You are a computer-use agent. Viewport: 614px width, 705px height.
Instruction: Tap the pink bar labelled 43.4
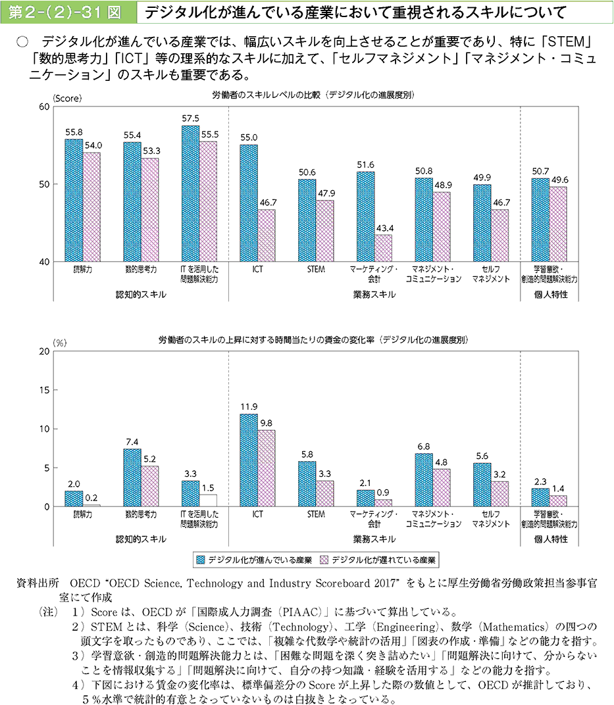tap(383, 248)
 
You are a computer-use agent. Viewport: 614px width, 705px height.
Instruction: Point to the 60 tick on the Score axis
tap(45, 107)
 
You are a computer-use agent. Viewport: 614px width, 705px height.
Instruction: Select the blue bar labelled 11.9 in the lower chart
tap(249, 460)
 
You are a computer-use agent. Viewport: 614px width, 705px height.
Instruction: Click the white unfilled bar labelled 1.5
tap(208, 500)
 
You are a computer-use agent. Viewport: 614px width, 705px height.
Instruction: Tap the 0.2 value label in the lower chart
tap(91, 498)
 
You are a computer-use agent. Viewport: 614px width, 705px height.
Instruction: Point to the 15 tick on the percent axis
tap(45, 390)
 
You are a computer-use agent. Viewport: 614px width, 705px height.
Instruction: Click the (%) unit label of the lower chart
tap(60, 343)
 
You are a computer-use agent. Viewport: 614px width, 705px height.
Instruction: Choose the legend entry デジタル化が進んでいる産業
tap(253, 560)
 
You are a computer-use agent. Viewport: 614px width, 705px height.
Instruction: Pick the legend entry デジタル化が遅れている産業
tap(378, 560)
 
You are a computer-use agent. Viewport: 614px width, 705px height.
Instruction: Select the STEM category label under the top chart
tap(316, 270)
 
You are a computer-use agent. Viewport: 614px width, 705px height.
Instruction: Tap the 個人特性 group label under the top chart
tap(551, 295)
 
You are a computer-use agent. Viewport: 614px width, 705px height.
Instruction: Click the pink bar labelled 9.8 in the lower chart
tap(267, 468)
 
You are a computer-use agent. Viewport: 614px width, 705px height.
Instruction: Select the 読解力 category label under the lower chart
tap(82, 514)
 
